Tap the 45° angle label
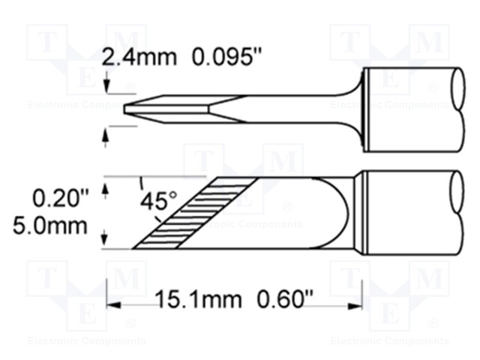(160, 201)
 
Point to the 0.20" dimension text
(61, 199)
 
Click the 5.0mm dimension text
(61, 225)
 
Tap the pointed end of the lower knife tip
(134, 248)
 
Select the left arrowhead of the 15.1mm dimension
(112, 304)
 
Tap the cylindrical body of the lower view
(409, 214)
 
